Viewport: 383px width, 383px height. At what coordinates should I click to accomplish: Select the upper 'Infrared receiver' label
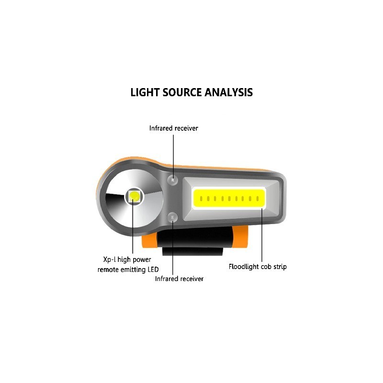[x=174, y=128]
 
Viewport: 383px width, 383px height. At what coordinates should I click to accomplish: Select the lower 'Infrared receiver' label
[x=179, y=279]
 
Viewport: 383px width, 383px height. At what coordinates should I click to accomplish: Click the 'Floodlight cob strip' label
[x=258, y=267]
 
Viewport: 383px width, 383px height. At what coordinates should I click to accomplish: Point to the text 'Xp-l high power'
[x=127, y=259]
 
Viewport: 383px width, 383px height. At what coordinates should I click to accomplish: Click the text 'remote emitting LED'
[x=128, y=270]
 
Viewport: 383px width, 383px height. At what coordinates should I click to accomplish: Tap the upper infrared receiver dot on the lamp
[x=173, y=180]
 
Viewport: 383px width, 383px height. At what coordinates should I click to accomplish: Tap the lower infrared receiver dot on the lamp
[x=173, y=217]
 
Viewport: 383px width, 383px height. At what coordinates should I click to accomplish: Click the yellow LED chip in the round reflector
[x=134, y=196]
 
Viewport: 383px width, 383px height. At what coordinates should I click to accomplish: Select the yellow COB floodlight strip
[x=229, y=198]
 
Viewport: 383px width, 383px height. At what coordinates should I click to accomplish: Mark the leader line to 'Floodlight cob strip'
[x=262, y=235]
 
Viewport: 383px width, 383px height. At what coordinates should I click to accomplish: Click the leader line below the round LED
[x=133, y=226]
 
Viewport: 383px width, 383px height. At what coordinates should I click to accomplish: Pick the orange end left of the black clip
[x=149, y=241]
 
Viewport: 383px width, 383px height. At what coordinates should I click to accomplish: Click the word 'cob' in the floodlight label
[x=266, y=267]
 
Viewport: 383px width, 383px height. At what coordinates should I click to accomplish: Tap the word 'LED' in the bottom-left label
[x=153, y=270]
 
